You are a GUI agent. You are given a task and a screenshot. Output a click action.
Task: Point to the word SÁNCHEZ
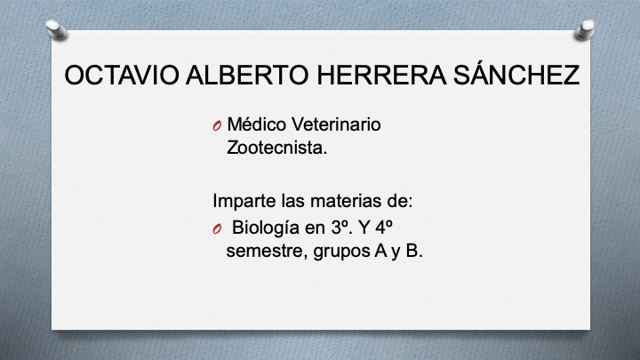point(514,76)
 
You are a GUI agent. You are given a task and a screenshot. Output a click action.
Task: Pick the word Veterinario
point(337,125)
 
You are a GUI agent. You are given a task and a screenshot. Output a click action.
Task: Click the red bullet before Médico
point(217,126)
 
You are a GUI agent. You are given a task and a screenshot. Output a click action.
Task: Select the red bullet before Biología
point(217,229)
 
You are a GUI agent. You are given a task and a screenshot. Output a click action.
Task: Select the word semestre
point(266,252)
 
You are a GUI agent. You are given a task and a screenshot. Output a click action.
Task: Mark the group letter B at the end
point(412,252)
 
